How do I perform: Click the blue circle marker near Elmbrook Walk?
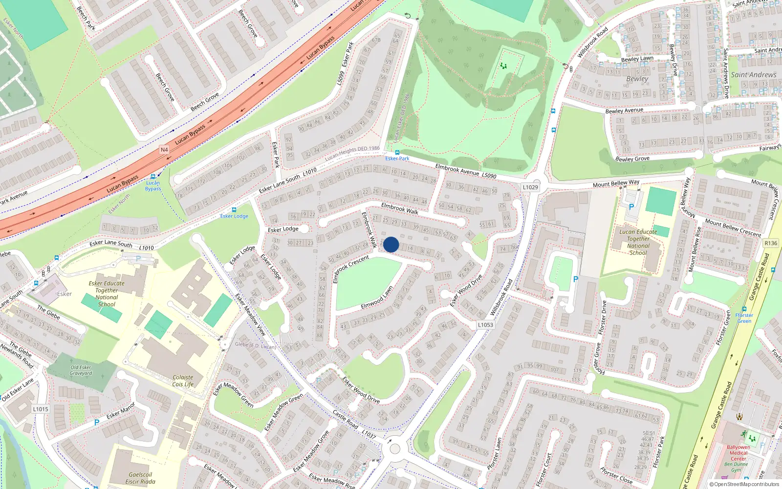coord(391,244)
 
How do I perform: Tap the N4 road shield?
coord(164,150)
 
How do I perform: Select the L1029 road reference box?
coord(530,187)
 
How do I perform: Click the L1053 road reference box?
coord(485,325)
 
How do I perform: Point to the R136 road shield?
coord(771,243)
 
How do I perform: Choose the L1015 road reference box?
coord(41,409)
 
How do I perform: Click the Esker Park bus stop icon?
coord(397,153)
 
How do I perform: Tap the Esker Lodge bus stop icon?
coord(234,210)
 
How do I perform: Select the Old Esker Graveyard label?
coord(81,370)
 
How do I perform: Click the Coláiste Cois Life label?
coord(183,381)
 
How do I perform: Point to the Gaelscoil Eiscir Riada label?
coord(140,478)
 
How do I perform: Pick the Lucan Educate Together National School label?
coord(638,242)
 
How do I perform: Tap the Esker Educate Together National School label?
coord(107,293)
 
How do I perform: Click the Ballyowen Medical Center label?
coord(738,453)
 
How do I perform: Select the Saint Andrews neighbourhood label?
coord(753,75)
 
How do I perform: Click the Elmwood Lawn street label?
coord(377,298)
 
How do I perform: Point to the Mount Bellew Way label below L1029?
coord(616,183)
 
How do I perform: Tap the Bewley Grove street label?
coord(632,159)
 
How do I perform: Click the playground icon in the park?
coord(504,66)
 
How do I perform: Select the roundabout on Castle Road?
coord(395,448)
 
